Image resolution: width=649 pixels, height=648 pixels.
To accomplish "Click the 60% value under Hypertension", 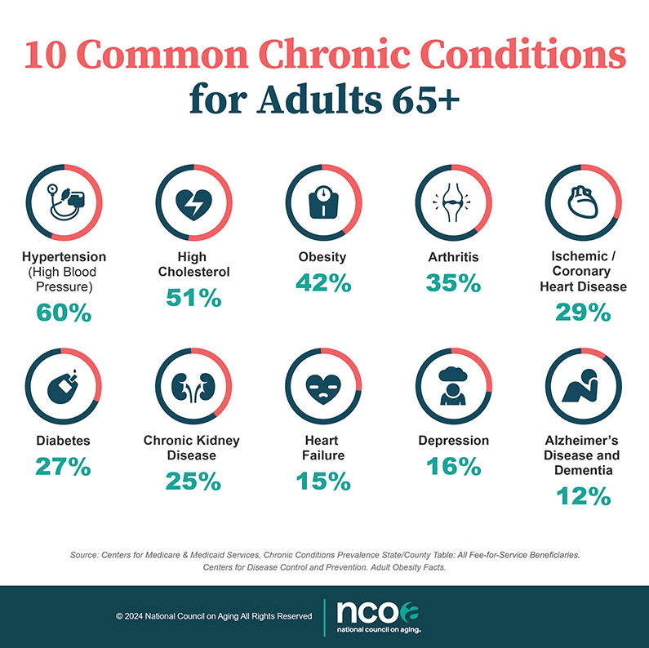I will pos(64,312).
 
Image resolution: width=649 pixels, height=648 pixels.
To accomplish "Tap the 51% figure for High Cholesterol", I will pos(193,298).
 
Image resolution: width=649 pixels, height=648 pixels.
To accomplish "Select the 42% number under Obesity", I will pos(324,283).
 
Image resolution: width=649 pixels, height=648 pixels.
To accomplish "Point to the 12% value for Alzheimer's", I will pos(583,495).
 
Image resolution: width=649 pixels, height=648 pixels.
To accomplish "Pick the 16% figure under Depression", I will pos(453,466).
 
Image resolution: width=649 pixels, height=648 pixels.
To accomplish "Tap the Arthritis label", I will pos(453,257).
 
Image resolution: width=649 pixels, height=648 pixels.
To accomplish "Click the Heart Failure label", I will pos(324,447).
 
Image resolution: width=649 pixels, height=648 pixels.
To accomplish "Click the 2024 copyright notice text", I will pos(214,616).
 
